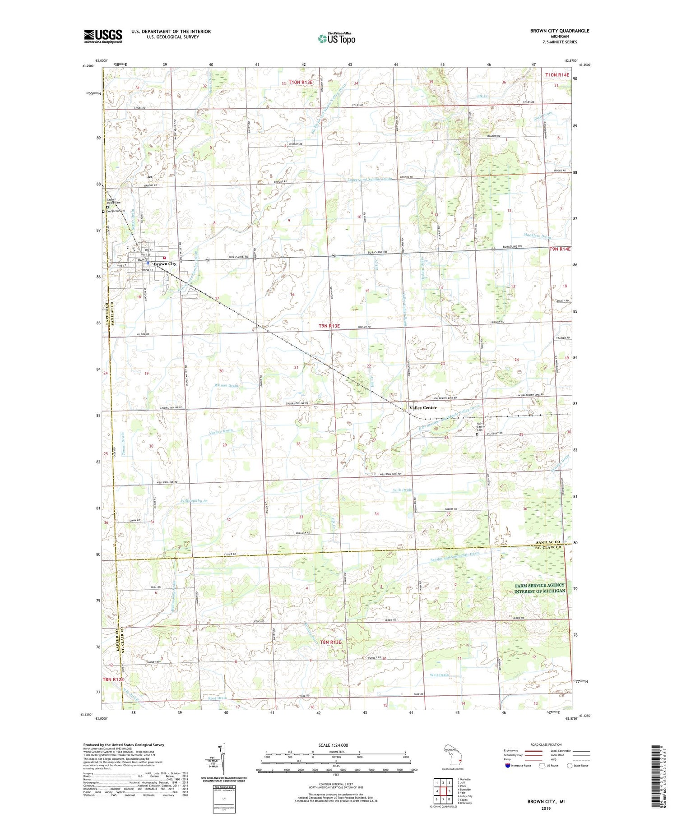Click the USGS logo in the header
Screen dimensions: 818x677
[x=103, y=36]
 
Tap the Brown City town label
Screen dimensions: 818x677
[x=165, y=264]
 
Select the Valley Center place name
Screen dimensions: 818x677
[x=423, y=407]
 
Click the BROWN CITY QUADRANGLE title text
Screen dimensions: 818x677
[x=560, y=31]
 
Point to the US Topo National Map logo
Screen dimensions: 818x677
[x=336, y=38]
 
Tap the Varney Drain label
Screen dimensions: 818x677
[x=221, y=431]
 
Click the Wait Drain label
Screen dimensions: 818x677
[x=439, y=675]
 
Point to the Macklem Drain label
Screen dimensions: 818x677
[x=537, y=236]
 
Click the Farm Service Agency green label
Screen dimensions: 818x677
[x=540, y=588]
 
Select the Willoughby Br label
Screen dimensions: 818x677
[x=195, y=501]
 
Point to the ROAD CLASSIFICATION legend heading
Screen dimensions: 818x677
[x=546, y=744]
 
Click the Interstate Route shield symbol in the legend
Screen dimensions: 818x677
[x=507, y=766]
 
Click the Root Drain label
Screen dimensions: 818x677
[x=217, y=698]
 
